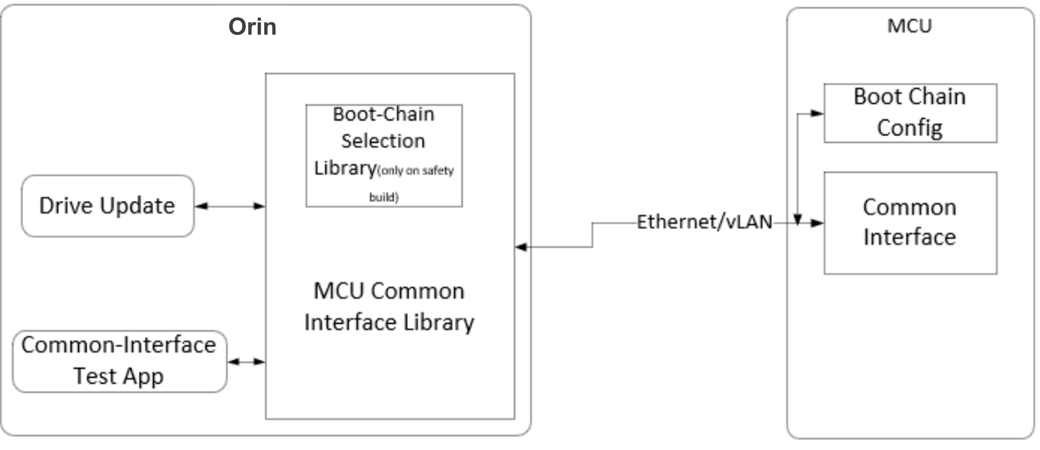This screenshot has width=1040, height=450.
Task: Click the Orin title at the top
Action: click(x=252, y=27)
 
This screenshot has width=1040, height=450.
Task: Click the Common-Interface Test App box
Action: click(x=119, y=361)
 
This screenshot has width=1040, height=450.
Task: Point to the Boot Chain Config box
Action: click(x=910, y=113)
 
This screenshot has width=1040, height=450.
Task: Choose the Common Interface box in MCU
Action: click(x=910, y=223)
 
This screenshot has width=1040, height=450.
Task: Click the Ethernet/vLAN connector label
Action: click(x=705, y=222)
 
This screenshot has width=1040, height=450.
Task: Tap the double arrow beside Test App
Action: click(x=246, y=362)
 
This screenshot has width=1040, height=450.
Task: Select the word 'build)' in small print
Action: click(x=384, y=197)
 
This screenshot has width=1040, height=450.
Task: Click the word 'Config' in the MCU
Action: click(x=910, y=128)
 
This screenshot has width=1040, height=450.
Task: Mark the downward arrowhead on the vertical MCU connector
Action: click(x=797, y=220)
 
